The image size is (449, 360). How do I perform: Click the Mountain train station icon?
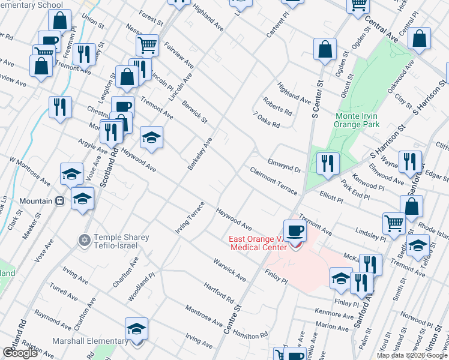[x=59, y=201]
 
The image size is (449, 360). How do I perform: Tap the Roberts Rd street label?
[x=277, y=106]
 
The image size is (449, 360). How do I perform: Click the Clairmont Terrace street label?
[x=274, y=181]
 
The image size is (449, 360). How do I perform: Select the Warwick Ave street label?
[x=229, y=269]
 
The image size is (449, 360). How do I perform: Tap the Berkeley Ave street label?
[x=200, y=154]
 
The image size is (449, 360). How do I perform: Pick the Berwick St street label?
[x=195, y=112]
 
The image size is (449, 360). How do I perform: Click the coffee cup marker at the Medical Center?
[x=294, y=231]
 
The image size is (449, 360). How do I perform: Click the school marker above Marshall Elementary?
[x=137, y=329]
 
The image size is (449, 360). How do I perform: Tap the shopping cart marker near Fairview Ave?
[x=147, y=45]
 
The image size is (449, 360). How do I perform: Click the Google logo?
[x=20, y=353]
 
